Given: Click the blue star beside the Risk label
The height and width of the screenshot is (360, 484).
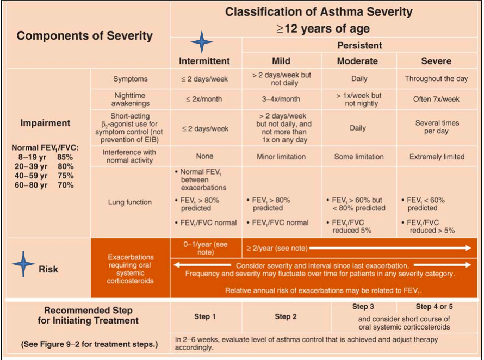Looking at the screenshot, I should coord(23,265).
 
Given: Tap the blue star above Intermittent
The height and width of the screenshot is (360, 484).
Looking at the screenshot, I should coord(201,42).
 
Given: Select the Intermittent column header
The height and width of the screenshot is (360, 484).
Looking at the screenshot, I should coord(204,61).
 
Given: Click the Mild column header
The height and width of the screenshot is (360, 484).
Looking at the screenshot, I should coord(281,61).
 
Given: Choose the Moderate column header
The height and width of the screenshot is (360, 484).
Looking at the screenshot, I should coord(357,61).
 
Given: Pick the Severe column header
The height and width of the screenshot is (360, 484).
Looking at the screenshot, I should coord(436,61).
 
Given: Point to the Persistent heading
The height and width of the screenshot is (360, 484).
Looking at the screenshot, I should coord(359,45).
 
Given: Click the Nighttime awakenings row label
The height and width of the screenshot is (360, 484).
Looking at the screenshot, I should coord(130,100).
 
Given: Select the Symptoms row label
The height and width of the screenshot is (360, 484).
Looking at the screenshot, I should coord(130,79).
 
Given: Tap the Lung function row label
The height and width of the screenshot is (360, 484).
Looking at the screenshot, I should coord(130,202).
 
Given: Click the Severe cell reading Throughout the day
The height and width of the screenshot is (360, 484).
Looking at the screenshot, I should coord(436,79).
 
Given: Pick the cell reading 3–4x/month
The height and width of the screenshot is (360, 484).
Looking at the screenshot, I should coord(281,100).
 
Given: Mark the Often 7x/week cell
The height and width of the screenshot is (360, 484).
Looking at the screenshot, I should coord(436,100).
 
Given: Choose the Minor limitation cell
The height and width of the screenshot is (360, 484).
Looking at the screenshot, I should coord(281,157).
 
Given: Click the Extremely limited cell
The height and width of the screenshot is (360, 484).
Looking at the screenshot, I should coord(436,157).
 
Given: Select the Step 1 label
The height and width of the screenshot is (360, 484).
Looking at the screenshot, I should coord(205,316).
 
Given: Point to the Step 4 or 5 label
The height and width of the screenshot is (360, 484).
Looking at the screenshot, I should coord(434,307).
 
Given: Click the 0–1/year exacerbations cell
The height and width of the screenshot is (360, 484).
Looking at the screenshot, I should coord(205,249).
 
